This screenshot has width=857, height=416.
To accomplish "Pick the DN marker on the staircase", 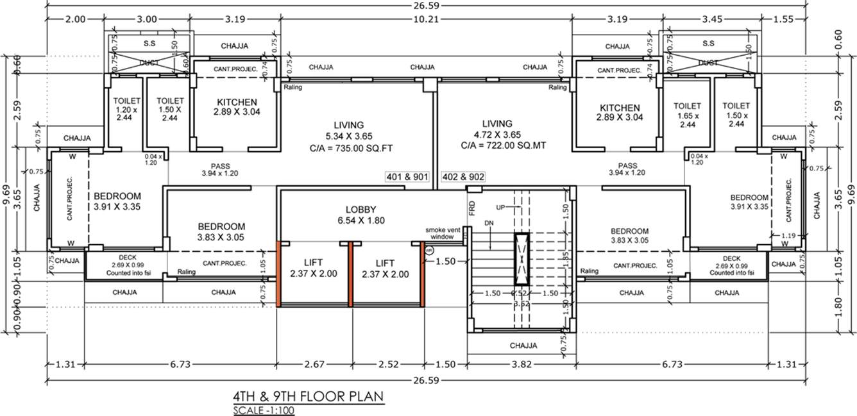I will [x=489, y=222].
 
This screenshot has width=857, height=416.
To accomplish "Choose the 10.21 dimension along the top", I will [x=425, y=19].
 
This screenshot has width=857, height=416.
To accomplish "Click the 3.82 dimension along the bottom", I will [x=521, y=364].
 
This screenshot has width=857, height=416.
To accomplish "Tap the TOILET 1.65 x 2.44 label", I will [x=687, y=115].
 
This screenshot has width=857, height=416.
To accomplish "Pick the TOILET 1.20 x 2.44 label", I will [x=126, y=110].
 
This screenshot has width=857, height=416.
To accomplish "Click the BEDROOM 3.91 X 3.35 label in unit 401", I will [x=117, y=201].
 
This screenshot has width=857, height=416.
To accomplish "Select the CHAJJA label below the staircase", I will [x=523, y=345].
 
